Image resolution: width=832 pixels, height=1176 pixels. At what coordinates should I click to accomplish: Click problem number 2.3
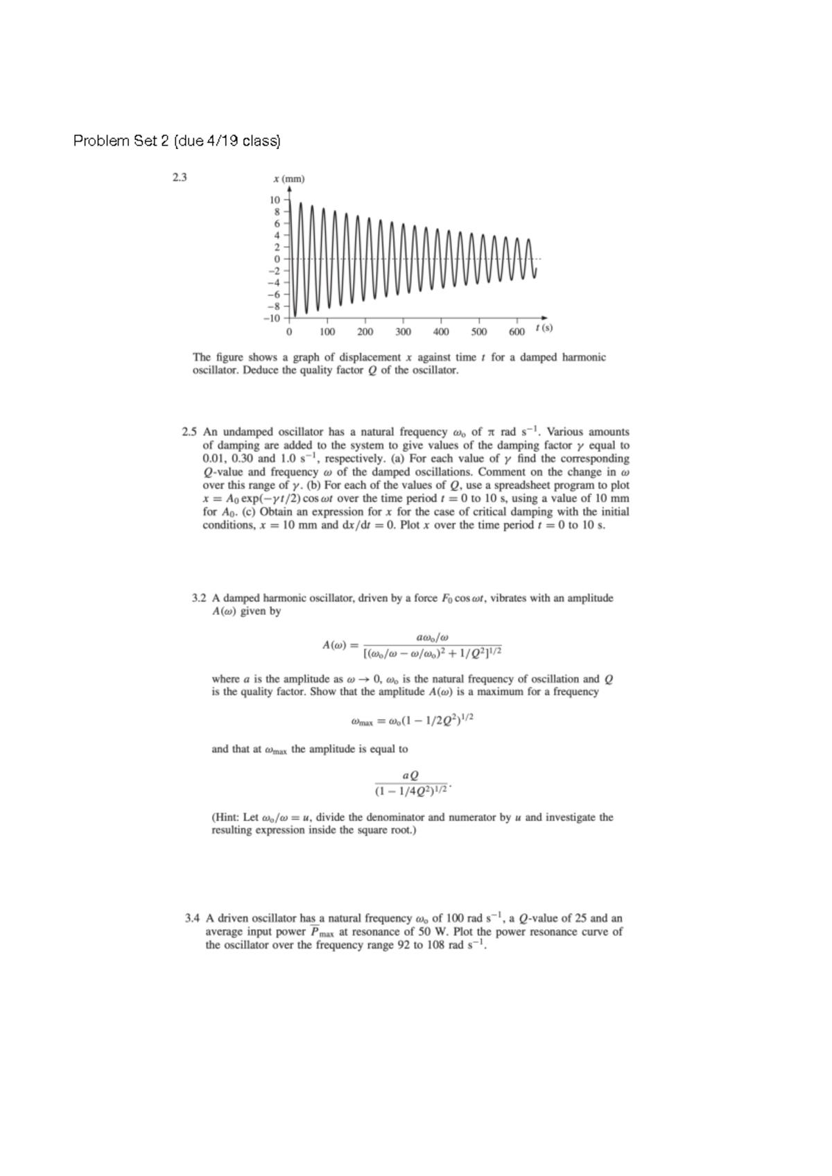point(180,178)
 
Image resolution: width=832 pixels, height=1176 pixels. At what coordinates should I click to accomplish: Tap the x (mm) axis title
point(288,179)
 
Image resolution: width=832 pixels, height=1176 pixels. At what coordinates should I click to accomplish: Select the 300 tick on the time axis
point(403,332)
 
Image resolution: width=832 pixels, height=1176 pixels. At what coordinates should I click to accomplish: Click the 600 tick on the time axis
point(517,332)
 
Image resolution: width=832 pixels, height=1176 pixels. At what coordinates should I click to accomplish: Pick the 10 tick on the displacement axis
point(275,200)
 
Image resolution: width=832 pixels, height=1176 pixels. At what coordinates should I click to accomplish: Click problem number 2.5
point(189,432)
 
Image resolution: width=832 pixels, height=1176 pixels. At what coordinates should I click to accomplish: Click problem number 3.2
point(198,598)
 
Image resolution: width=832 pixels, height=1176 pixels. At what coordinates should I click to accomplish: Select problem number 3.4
point(193,918)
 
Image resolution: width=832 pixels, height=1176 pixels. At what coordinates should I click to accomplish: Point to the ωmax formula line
point(413,720)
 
